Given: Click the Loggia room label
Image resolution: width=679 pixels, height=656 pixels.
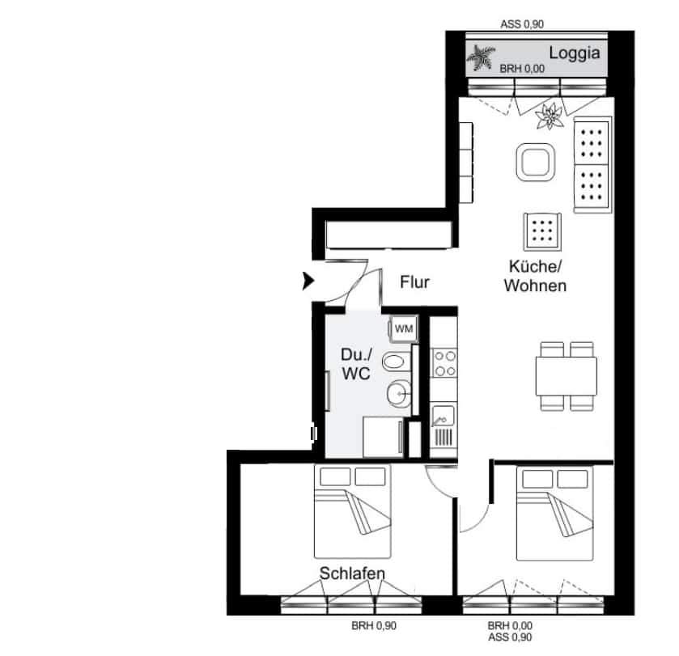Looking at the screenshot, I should [x=575, y=54].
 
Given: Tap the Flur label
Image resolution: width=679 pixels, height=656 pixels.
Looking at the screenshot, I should [x=414, y=282].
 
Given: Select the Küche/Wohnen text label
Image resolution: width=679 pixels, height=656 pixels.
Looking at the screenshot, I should [x=535, y=276].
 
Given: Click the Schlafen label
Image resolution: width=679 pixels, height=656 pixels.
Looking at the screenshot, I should [x=352, y=573].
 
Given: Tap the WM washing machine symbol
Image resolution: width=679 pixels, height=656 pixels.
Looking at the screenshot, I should [x=402, y=328].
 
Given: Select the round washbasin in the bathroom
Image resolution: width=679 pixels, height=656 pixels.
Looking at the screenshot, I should [x=398, y=394].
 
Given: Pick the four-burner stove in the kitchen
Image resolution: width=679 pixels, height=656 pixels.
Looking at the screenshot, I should [x=443, y=363].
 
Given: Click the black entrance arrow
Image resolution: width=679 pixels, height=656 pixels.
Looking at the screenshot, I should [x=308, y=281].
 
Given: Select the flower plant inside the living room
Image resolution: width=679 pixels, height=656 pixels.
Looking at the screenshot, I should [x=550, y=117].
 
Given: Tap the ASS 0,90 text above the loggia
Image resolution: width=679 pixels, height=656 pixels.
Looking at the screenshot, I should [x=522, y=24].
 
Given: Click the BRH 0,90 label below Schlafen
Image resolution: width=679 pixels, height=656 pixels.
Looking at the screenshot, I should [x=374, y=626].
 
